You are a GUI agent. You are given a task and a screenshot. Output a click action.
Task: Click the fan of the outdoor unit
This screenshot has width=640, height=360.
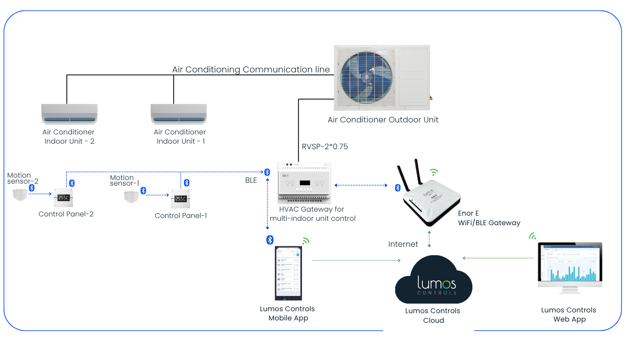[x=366, y=77]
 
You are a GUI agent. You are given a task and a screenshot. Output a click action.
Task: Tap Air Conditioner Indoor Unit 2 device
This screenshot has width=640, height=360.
[x=69, y=114]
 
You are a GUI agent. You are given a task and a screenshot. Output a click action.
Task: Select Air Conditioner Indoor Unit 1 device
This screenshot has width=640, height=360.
[x=178, y=114]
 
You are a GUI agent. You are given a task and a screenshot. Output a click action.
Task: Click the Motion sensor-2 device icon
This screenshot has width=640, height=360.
[x=20, y=195]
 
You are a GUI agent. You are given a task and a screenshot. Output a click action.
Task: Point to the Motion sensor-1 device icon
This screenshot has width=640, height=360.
[x=131, y=197]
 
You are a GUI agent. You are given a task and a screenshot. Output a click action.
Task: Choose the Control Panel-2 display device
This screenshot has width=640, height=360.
[x=64, y=198]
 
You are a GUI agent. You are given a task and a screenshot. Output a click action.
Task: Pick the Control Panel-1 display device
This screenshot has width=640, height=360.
[x=180, y=199]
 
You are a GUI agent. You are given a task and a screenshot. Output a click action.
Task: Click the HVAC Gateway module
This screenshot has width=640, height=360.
[x=304, y=183]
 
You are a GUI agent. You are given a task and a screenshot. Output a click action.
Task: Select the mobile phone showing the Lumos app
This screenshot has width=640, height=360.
[x=288, y=273]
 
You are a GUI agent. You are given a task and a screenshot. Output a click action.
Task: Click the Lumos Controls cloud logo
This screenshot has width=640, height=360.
[x=435, y=282]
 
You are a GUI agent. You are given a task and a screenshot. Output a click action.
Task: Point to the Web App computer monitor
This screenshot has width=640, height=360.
[x=570, y=265]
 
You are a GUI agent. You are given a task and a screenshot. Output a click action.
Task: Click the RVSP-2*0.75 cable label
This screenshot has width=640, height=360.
[x=325, y=147]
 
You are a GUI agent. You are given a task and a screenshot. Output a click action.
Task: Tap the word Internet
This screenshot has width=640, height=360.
[x=403, y=244]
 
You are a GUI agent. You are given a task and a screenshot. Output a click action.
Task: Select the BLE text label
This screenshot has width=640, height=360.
[x=251, y=180]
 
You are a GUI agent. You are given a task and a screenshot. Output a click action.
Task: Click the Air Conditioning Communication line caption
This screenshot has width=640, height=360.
[x=251, y=70]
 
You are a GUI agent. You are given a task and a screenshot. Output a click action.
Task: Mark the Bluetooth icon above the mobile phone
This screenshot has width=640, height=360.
[x=270, y=240]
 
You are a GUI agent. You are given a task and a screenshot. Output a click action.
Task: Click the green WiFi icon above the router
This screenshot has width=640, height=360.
[x=434, y=172]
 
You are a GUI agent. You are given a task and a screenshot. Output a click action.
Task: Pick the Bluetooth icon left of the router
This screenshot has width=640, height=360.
[x=398, y=188]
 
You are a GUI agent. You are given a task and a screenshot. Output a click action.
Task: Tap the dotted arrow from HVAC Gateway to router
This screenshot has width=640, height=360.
[x=361, y=185]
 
